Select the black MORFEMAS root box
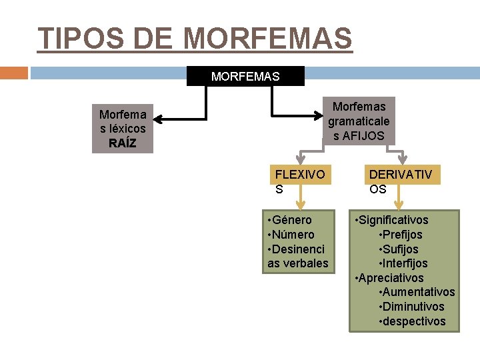(245, 76)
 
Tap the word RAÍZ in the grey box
(122, 143)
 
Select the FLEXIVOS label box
(300, 181)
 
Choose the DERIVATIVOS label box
(400, 181)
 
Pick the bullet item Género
(291, 220)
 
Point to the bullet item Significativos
(393, 220)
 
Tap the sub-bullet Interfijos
(404, 263)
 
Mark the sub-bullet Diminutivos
(413, 307)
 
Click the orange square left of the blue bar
(14, 73)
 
